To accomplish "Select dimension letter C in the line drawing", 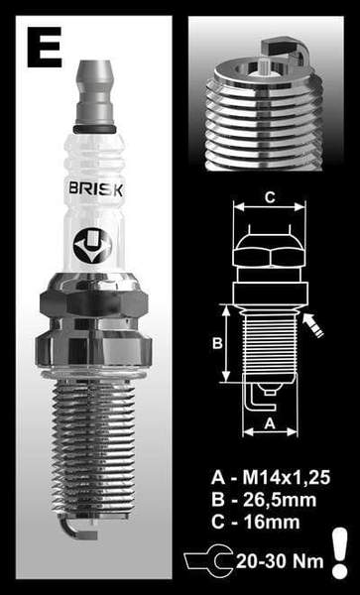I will [268, 196].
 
